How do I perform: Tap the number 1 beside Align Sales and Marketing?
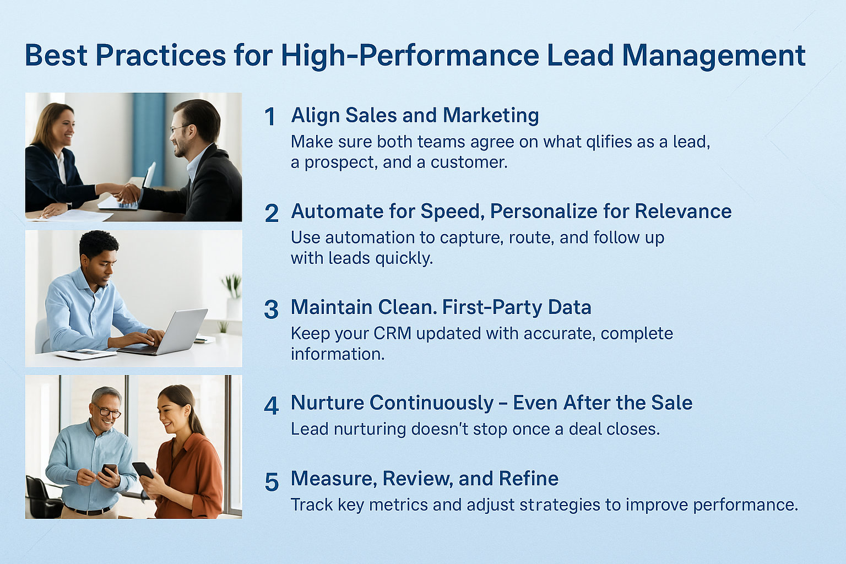[x=270, y=117]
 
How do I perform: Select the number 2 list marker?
[x=272, y=214]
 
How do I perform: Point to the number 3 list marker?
[x=271, y=310]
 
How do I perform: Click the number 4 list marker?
[x=271, y=406]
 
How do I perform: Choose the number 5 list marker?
[x=272, y=482]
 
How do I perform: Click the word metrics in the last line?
[x=397, y=505]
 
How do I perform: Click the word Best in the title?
[x=56, y=55]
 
